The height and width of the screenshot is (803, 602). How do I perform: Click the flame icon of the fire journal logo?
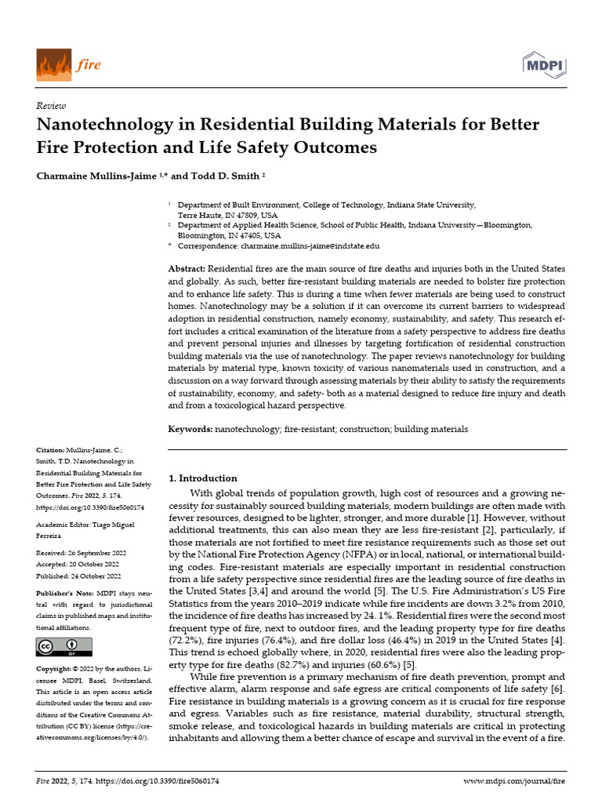pos(53,64)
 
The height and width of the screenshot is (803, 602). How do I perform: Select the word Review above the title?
pos(52,106)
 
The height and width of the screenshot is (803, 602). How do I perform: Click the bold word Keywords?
pos(190,429)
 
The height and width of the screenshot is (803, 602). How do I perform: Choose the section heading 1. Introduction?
pos(203,478)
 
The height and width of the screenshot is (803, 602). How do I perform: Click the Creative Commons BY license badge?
pos(64,646)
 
